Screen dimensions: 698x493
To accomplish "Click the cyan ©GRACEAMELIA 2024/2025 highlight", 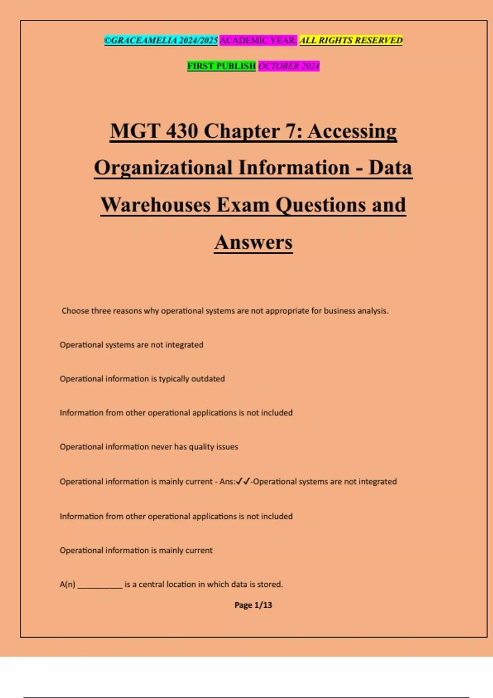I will [x=161, y=40].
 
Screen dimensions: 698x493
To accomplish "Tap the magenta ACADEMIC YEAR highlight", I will [x=258, y=40].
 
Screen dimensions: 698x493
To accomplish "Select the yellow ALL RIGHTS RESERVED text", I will [x=351, y=40].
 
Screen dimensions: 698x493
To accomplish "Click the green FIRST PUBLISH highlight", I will [x=221, y=66].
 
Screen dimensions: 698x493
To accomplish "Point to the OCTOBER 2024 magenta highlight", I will [x=289, y=66].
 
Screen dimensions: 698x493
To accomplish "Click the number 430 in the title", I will [x=182, y=131].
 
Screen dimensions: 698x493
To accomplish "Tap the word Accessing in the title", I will [x=352, y=131].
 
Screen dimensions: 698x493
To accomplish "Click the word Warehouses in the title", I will [x=156, y=205].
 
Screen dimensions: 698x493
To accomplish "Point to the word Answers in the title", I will [x=253, y=242].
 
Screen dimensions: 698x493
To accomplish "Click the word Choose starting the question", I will [x=75, y=311].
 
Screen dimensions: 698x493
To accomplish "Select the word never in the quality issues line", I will [x=161, y=447].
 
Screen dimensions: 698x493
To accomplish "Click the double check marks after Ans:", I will [x=243, y=481].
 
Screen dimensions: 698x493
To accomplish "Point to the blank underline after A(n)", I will [x=100, y=585].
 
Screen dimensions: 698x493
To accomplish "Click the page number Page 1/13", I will [x=253, y=605].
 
